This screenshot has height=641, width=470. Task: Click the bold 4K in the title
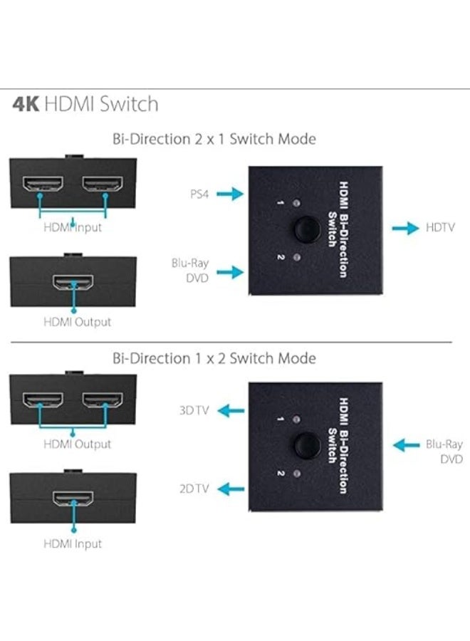(x=26, y=105)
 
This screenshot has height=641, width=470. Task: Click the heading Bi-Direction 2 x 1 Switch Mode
(x=214, y=138)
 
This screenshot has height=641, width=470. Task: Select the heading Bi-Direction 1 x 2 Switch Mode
(x=214, y=358)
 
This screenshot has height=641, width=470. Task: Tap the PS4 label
(x=199, y=193)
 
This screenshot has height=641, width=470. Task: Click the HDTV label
(x=440, y=228)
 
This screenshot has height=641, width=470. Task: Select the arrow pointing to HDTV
(x=405, y=228)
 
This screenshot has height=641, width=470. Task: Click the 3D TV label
(x=194, y=410)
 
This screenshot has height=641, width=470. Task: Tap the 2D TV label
(x=194, y=489)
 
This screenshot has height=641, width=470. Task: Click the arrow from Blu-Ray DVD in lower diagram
(x=407, y=445)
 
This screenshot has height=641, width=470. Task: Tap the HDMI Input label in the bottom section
(x=73, y=543)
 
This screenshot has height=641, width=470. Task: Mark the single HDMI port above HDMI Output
(x=73, y=282)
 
